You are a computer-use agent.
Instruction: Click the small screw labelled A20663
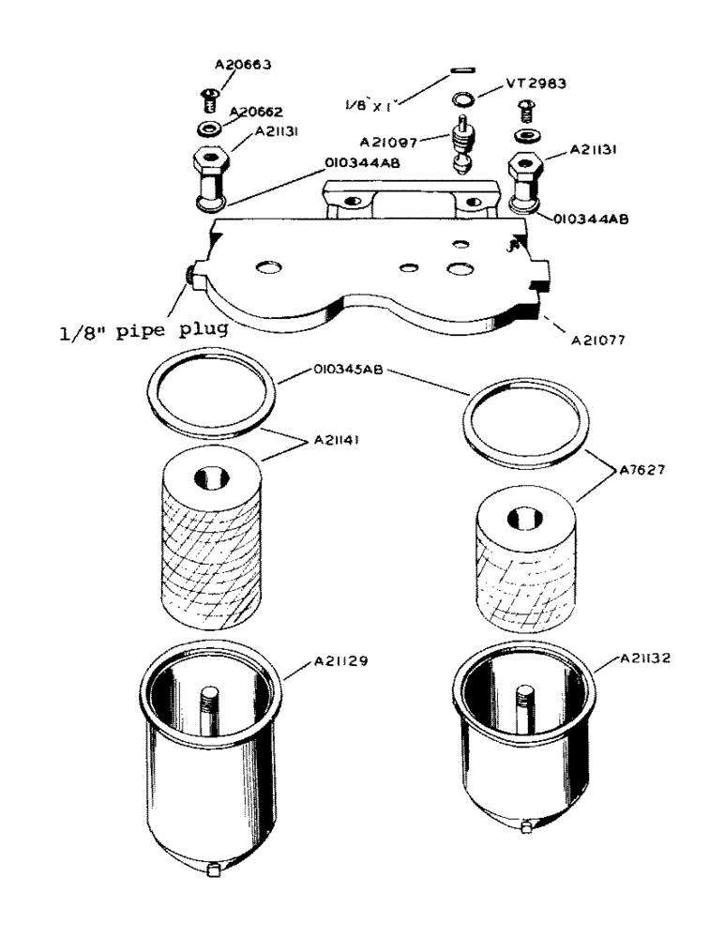tap(205, 96)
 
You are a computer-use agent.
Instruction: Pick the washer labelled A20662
tap(208, 127)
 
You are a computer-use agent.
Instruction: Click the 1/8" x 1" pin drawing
tap(460, 67)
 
